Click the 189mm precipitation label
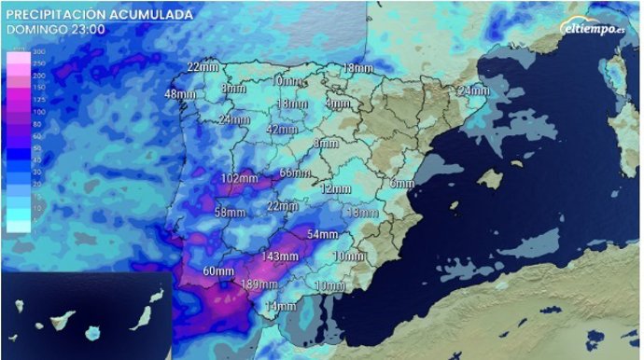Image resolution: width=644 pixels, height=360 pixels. click(x=258, y=285)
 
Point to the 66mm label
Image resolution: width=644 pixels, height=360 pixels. click(x=294, y=173)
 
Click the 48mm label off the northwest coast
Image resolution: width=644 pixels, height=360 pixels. click(x=179, y=94)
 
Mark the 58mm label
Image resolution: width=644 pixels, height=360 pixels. click(x=229, y=213)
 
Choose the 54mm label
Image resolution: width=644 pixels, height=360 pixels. click(x=322, y=233)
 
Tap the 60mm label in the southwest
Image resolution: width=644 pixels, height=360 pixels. click(x=217, y=272)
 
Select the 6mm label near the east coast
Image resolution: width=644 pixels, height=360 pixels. click(x=401, y=183)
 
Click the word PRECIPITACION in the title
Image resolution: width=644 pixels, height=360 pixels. click(x=58, y=15)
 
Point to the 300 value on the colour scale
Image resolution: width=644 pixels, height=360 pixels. click(x=13, y=51)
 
